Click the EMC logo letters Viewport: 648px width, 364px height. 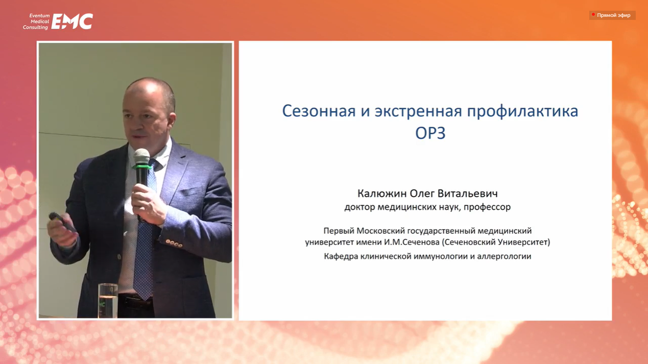click(x=72, y=21)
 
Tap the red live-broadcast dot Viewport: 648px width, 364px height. click(x=593, y=14)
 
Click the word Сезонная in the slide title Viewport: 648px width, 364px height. click(x=319, y=111)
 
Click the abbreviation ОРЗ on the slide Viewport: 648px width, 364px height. click(x=430, y=133)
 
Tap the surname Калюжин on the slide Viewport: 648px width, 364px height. click(x=382, y=193)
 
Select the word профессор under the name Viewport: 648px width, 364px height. click(x=487, y=207)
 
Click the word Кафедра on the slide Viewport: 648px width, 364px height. click(x=341, y=256)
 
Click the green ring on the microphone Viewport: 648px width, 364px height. click(x=142, y=167)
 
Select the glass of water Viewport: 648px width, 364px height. click(x=108, y=301)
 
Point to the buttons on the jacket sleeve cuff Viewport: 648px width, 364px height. click(x=174, y=244)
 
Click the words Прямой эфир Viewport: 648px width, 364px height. click(x=614, y=15)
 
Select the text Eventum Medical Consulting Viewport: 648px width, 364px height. click(x=36, y=21)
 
